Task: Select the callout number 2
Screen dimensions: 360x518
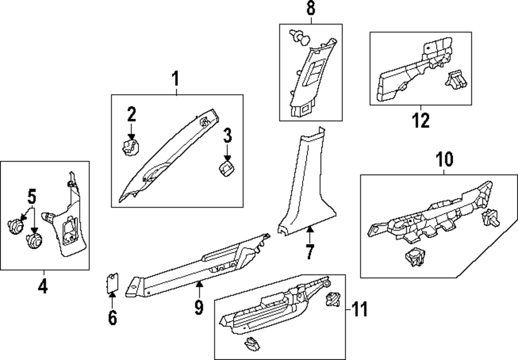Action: click(132, 114)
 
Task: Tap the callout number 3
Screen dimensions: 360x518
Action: click(227, 137)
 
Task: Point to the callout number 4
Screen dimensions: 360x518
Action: click(44, 285)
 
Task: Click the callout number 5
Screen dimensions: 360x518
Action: click(32, 197)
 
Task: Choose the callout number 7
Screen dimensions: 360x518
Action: click(309, 252)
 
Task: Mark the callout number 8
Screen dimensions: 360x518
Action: click(311, 9)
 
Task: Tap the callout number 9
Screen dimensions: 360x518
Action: click(199, 307)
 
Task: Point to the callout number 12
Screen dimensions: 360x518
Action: click(421, 120)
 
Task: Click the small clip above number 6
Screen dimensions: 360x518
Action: click(111, 283)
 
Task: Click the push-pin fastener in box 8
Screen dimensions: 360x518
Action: click(299, 36)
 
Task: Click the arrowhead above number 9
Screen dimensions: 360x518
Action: click(199, 284)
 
